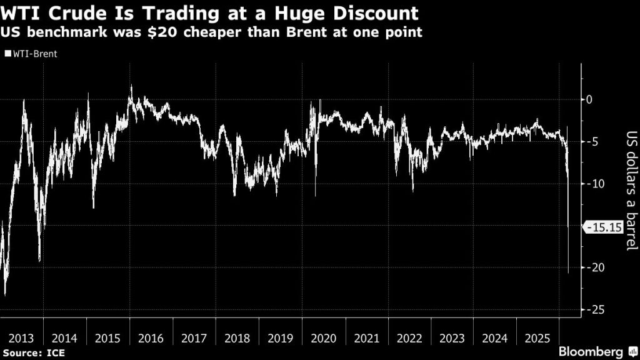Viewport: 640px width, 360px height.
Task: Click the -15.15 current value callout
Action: pos(603,228)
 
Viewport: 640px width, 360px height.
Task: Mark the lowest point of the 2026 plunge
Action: pos(568,273)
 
